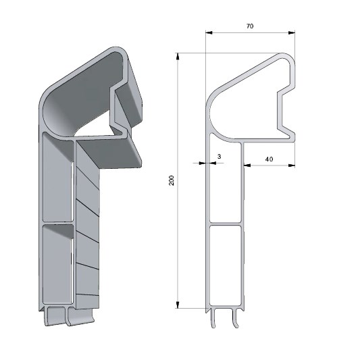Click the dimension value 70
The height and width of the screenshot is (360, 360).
(250, 26)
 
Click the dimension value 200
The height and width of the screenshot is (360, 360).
(172, 180)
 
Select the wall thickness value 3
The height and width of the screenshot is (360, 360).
(219, 157)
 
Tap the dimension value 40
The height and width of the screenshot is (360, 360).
(269, 159)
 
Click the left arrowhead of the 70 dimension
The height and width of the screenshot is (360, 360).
(209, 33)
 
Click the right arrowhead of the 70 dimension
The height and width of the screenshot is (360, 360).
(292, 33)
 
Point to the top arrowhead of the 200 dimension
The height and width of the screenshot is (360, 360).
(178, 57)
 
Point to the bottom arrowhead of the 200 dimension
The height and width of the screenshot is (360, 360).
(178, 305)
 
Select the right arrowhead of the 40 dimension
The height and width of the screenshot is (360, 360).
(292, 165)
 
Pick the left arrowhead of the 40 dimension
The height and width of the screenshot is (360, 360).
(247, 165)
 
